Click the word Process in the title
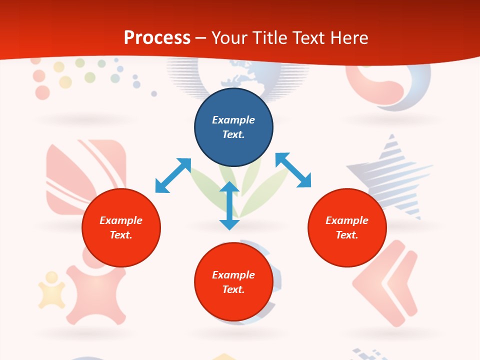[157, 38]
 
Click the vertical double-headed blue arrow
[229, 205]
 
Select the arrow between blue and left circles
[173, 175]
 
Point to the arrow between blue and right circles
[293, 170]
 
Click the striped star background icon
[392, 175]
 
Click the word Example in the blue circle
[233, 120]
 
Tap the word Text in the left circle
[121, 235]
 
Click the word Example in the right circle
[347, 220]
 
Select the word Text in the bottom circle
[233, 289]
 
